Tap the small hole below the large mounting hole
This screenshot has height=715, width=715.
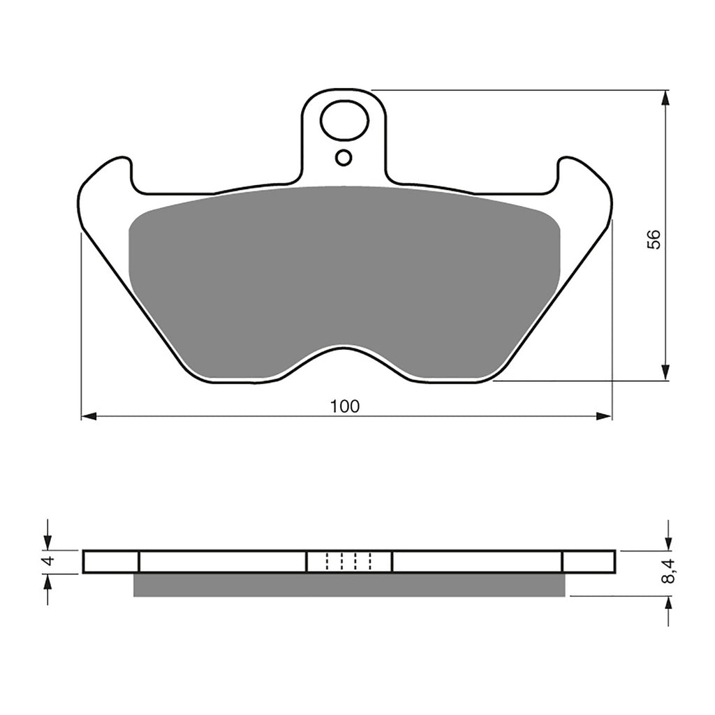tap(344, 158)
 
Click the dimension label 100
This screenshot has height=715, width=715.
tap(346, 406)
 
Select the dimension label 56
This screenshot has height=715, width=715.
tap(653, 239)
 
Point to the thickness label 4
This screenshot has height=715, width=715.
tap(48, 561)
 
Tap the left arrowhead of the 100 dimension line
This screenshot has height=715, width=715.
tap(88, 416)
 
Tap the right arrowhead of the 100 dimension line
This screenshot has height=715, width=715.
tap(605, 416)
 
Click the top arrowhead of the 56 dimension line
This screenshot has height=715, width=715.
tap(666, 98)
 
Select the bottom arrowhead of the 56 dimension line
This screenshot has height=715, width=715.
tap(666, 373)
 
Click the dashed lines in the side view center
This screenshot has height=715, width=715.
tap(349, 561)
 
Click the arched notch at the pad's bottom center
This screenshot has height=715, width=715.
tap(344, 356)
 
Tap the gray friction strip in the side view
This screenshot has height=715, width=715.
tap(349, 585)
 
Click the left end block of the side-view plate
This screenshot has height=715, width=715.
tap(111, 561)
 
